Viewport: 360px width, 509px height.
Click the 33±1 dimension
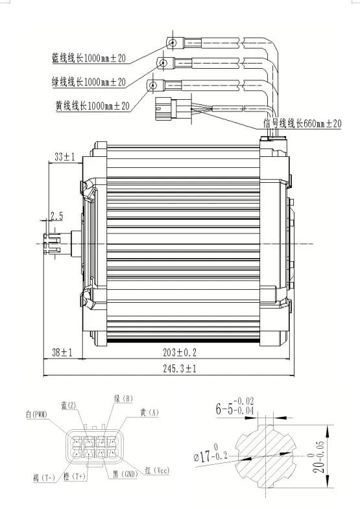[64, 157]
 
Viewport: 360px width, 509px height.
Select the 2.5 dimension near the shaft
[56, 215]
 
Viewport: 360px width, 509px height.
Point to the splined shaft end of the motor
[50, 243]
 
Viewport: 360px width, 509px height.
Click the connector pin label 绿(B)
[124, 399]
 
